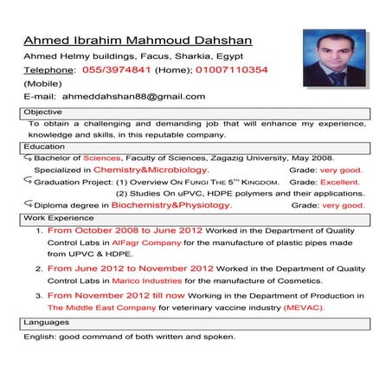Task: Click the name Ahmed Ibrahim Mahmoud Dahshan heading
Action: point(138,41)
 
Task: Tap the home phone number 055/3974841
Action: point(120,69)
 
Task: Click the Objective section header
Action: point(43,112)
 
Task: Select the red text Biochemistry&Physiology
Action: point(171,206)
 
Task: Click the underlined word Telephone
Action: point(48,69)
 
